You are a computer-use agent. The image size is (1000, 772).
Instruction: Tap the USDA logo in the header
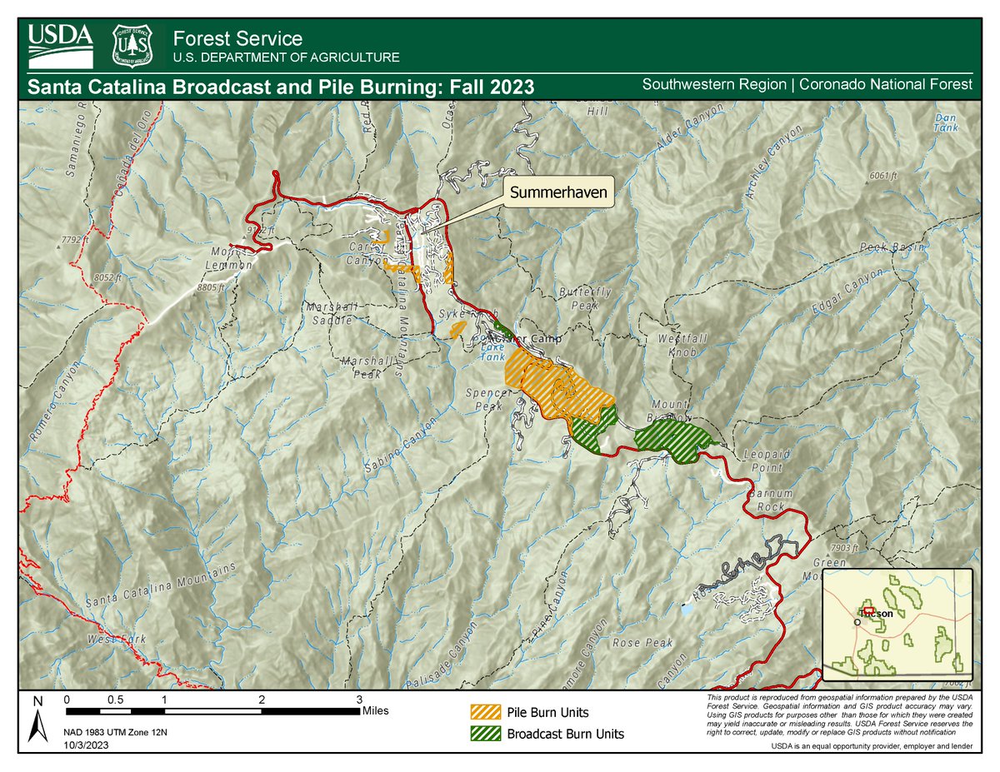pos(60,45)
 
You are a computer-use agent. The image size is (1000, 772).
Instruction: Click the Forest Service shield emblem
pos(132,45)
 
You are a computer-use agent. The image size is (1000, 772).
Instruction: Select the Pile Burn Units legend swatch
pos(486,713)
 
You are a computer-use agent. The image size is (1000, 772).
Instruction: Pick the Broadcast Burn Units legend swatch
pos(486,734)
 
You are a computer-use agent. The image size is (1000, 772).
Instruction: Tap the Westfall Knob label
pos(676,346)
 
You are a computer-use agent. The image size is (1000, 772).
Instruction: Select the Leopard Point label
pos(766,461)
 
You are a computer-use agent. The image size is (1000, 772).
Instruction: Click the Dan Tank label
pos(946,122)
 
